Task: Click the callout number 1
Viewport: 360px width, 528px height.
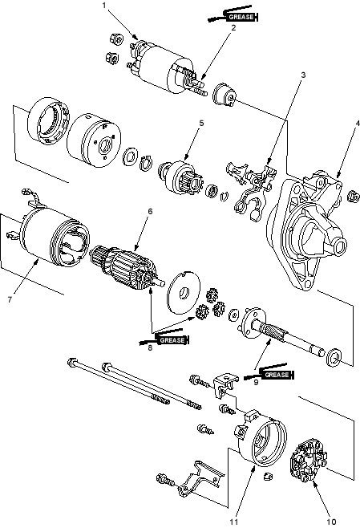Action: [104, 5]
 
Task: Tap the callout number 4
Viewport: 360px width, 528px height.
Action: [358, 123]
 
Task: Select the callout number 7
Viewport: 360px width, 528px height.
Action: [10, 299]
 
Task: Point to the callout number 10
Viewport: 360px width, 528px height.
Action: [331, 522]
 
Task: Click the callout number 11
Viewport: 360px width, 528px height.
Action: [234, 522]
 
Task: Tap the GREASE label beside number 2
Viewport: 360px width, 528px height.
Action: [241, 17]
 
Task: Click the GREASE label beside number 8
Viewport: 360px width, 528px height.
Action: [172, 340]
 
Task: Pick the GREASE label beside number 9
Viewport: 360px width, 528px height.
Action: [277, 375]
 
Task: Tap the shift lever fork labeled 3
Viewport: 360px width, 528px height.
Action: [252, 190]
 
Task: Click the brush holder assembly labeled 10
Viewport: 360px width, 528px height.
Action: [308, 460]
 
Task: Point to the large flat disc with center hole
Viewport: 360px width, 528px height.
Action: [184, 291]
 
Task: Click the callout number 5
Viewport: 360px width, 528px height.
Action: [201, 123]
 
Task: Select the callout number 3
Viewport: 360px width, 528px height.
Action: [304, 75]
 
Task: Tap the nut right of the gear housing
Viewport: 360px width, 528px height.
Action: [352, 197]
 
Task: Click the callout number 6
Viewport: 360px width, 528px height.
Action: [150, 211]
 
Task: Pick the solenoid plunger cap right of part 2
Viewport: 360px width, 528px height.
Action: [224, 95]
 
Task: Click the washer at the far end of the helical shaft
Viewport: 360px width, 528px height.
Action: [334, 357]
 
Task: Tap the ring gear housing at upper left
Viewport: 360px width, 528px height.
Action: [48, 121]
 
